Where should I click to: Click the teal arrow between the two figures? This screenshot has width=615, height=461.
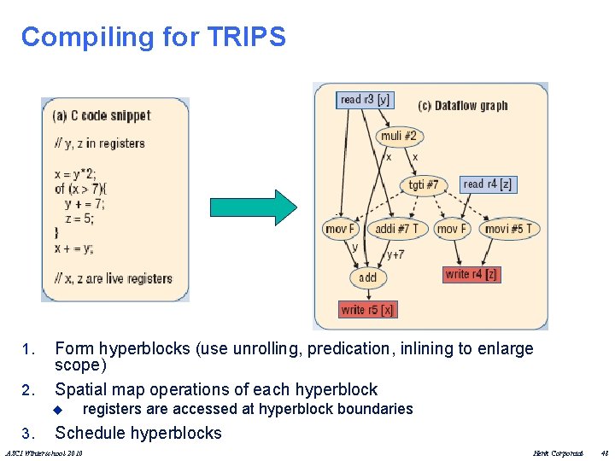coord(254,206)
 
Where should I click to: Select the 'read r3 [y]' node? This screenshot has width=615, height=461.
coord(365,99)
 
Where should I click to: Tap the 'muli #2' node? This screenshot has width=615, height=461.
coord(398,136)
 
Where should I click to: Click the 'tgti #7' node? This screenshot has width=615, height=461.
coord(423,184)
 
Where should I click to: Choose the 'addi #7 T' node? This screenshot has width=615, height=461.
coord(397,229)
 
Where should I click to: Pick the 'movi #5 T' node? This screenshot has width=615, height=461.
coord(508,229)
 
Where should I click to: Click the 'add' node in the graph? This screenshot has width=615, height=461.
coord(368,277)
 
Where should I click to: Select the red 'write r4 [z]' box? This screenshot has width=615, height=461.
coord(471,274)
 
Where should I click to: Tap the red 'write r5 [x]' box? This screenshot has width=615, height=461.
coord(367,309)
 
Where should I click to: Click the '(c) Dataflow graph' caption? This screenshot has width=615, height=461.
coord(462,106)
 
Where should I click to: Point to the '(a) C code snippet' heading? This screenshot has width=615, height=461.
coord(102,115)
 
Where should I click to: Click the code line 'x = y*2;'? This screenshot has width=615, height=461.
coord(76,174)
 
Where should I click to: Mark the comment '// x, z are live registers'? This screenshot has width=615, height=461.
coord(113,278)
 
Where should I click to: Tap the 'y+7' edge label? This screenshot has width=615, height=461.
coord(395,254)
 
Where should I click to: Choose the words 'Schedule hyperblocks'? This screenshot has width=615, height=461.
coord(138,433)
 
